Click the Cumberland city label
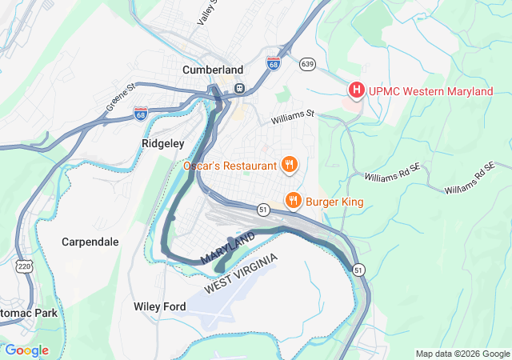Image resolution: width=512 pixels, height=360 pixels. coord(213,70)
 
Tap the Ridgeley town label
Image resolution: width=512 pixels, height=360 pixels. coord(162,143)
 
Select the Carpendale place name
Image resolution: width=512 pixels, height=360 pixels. coord(90,241)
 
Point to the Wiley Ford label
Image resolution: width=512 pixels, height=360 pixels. coord(159,306)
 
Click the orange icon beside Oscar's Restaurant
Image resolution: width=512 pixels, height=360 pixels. coord(290,166)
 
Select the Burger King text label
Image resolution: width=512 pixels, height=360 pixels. coord(334,202)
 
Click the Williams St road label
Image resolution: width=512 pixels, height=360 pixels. coord(293,118)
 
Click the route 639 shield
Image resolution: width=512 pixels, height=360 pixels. coord(307,62)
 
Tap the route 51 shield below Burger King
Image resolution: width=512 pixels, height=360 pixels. coord(262,209)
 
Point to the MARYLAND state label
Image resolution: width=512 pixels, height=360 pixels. coord(228,249)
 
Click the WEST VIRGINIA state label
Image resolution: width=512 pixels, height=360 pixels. coord(241,274)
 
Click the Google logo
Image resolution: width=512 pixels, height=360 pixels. coord(26,350)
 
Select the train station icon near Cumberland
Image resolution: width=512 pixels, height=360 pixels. coord(238,88)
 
